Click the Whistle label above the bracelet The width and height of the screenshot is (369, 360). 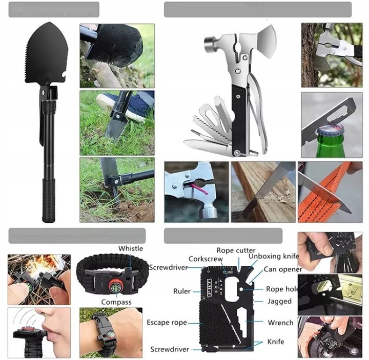[x=131, y=248]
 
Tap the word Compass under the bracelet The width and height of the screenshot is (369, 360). [x=116, y=302]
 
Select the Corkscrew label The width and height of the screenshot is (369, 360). [x=205, y=259]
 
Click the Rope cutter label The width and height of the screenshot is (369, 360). [x=236, y=250]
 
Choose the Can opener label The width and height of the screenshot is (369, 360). [x=283, y=269]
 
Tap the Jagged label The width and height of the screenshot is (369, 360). [x=279, y=302]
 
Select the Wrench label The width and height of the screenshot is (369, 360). [x=280, y=323]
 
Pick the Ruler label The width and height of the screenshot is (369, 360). [x=181, y=291]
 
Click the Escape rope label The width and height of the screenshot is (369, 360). [x=167, y=323]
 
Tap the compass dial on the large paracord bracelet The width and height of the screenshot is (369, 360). [x=116, y=286]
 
